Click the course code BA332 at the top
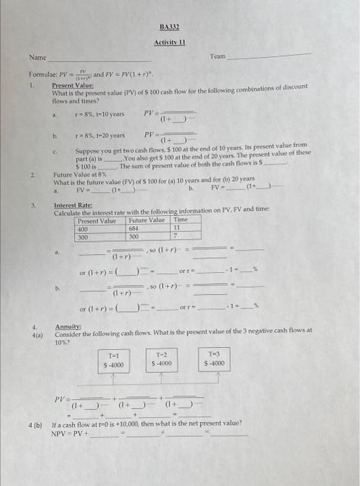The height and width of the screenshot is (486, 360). (x=170, y=28)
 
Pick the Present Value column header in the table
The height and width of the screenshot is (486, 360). (x=97, y=220)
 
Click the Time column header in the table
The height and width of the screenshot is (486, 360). (x=181, y=220)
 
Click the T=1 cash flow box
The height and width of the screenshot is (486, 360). (x=113, y=359)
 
